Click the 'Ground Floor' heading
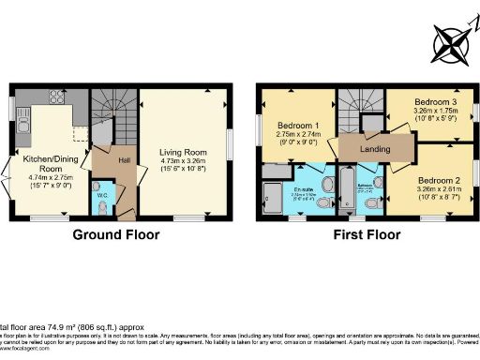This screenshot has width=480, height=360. coord(115,235)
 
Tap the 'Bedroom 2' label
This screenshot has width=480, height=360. coord(439,180)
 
